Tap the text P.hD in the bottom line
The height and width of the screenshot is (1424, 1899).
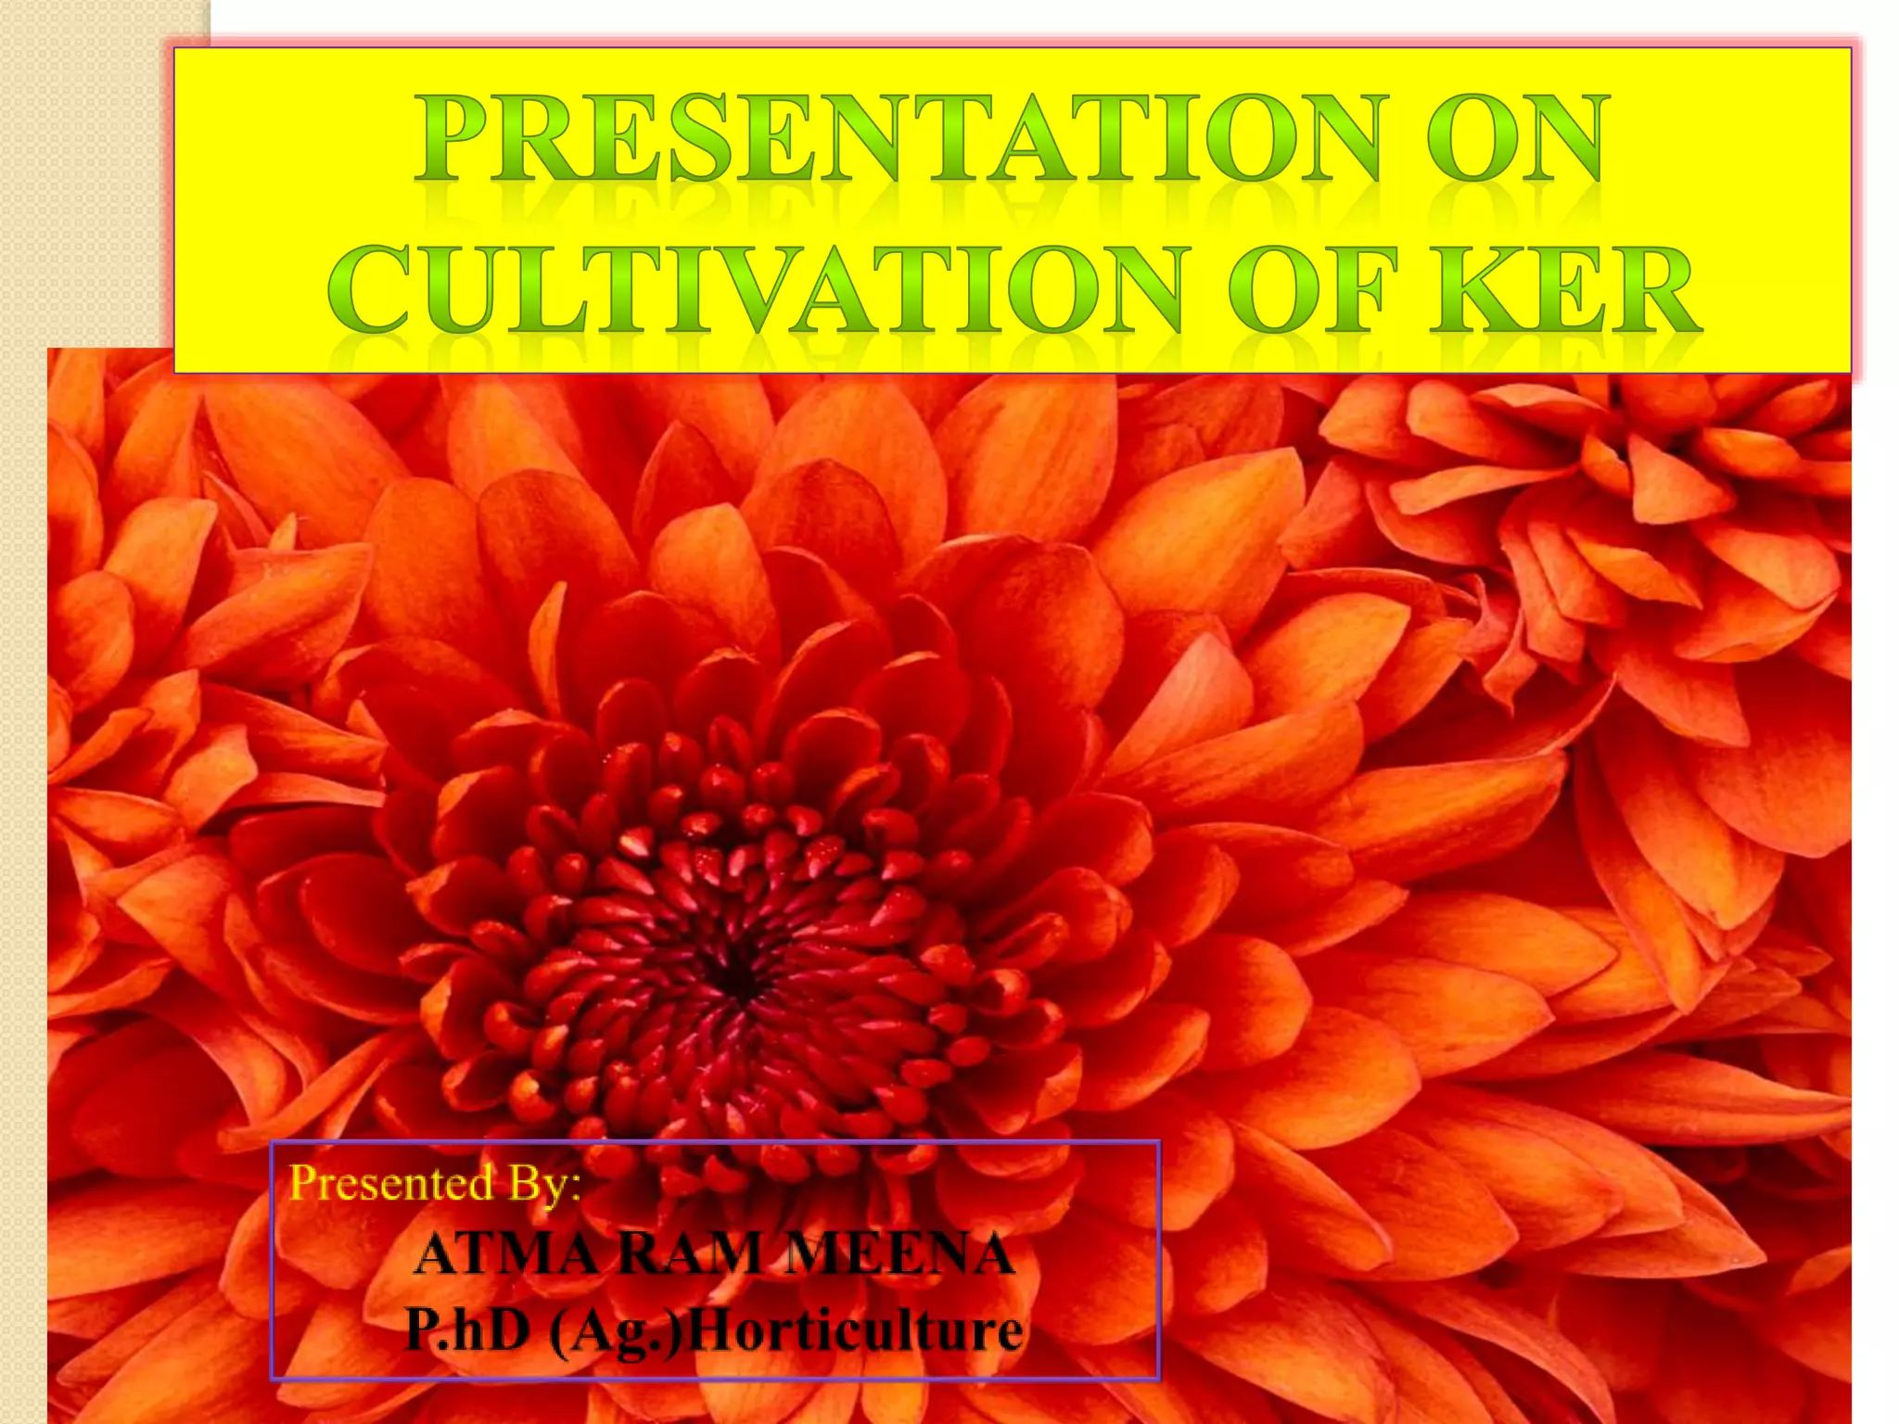(468, 1330)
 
